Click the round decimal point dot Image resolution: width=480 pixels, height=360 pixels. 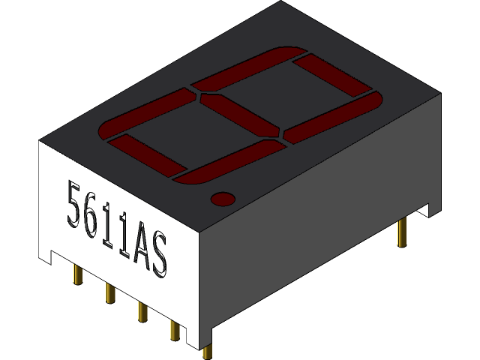(x=222, y=199)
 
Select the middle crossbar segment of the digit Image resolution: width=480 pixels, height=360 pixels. (x=241, y=116)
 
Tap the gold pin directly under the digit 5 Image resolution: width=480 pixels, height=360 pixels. (x=77, y=274)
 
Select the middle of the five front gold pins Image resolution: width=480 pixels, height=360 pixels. (x=140, y=310)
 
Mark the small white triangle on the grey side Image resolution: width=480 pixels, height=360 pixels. (x=424, y=211)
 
